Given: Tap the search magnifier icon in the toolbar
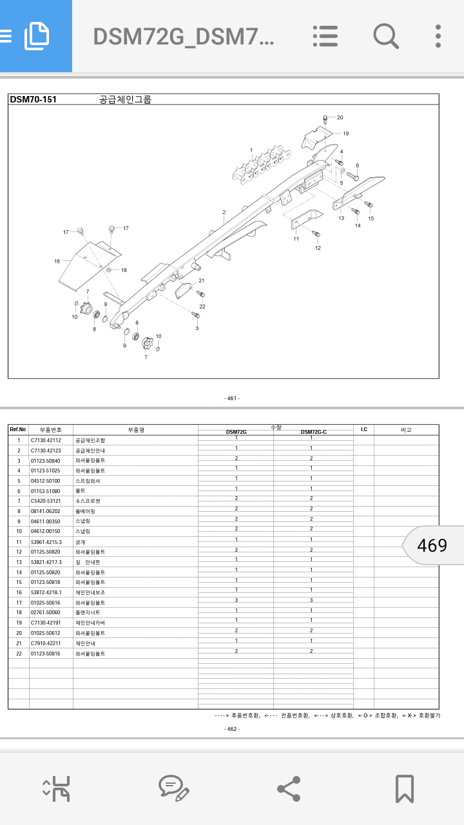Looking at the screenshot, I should point(385,36).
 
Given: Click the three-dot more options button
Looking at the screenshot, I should point(438,36).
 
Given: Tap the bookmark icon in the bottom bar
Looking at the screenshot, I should point(404,788).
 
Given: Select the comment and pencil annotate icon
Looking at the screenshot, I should point(173,788).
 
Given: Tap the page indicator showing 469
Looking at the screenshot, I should point(432,545).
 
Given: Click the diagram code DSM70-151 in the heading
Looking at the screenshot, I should point(34,99).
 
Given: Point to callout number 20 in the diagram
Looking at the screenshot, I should point(340,117).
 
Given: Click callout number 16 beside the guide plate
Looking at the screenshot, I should point(57,261).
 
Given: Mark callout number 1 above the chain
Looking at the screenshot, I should point(251,150).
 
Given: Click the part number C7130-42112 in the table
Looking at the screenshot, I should point(46,440).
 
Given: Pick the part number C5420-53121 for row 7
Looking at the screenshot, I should point(46,501).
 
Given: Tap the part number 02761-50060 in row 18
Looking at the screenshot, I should point(46,612).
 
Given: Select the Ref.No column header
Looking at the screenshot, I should point(18,429).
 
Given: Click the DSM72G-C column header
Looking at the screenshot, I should point(313,432).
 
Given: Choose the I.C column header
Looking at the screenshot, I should point(363,429).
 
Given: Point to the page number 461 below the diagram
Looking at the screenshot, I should point(232,398).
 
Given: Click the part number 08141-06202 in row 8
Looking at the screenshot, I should point(46,511).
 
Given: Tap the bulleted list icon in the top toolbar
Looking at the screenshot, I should point(325,36).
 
